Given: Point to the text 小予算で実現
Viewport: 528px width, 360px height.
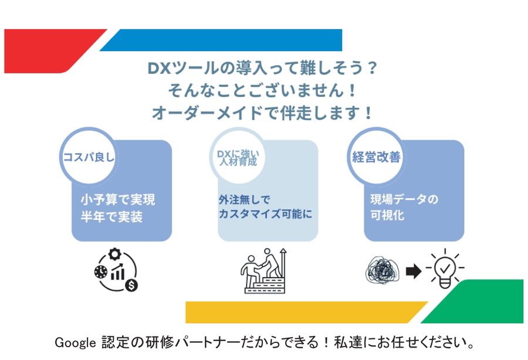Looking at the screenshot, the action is (x=118, y=199).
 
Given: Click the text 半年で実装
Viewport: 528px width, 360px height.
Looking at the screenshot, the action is (x=111, y=217).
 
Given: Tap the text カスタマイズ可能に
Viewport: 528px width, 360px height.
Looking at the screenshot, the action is (x=265, y=213).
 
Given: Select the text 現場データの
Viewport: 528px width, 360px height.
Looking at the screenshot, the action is (x=404, y=199).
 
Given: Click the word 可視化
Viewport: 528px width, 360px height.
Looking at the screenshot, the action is (x=387, y=215).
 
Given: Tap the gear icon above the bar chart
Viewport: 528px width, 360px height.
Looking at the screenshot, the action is (x=115, y=254).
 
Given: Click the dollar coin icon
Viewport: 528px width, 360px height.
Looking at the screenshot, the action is (x=131, y=286).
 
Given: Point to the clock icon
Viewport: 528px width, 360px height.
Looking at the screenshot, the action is (x=101, y=271).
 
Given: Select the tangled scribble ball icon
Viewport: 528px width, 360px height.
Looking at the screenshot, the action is (x=383, y=270).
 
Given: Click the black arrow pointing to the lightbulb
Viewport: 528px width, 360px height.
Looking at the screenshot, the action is (x=414, y=271).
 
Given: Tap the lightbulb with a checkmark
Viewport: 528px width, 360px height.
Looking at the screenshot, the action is (x=445, y=269).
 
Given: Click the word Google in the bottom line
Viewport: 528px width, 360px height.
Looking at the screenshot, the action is (x=75, y=343).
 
